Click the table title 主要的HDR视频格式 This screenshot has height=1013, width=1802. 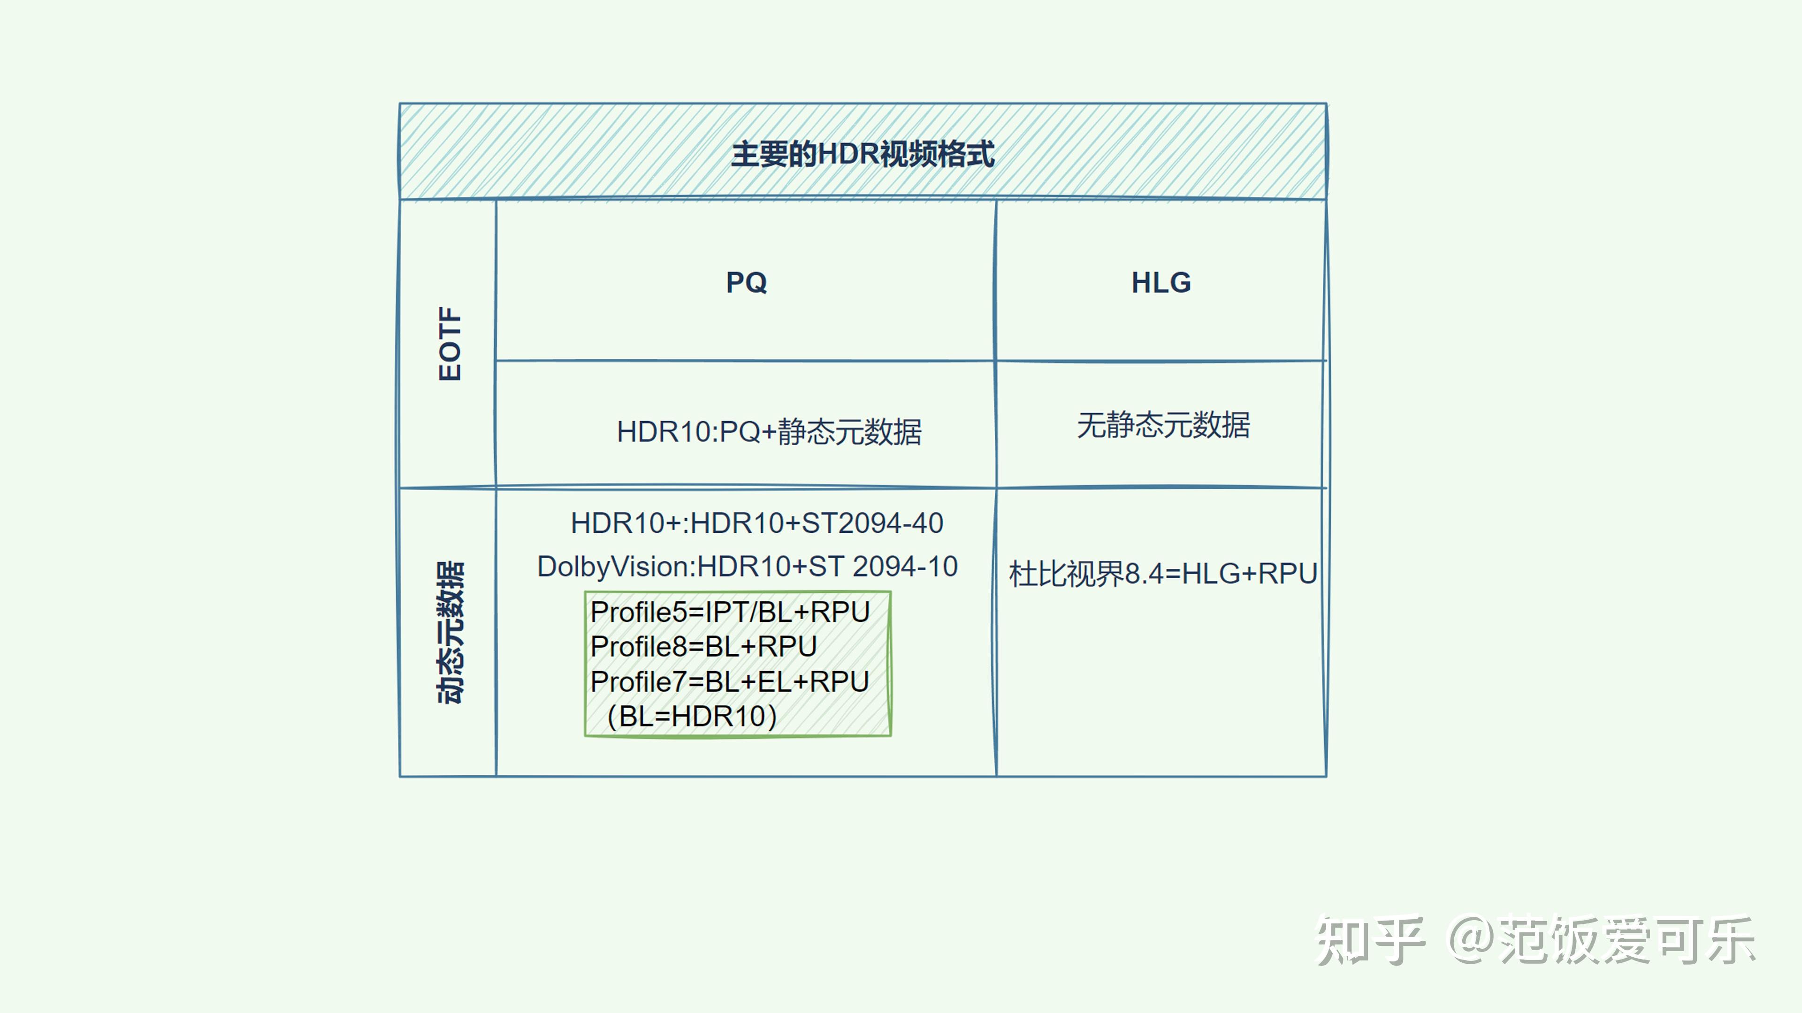863,154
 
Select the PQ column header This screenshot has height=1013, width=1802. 747,282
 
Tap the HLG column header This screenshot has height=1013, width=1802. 1161,282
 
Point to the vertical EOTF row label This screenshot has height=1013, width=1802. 450,343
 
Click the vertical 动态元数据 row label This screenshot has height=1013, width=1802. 450,632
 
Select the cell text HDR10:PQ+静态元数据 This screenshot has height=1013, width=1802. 769,432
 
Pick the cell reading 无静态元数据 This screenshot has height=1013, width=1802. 1163,425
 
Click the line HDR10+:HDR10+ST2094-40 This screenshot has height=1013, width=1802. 757,523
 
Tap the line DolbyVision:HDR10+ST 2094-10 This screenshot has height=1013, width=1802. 747,566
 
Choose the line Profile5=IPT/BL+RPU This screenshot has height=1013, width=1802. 730,612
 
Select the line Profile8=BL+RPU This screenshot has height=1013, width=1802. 703,647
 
